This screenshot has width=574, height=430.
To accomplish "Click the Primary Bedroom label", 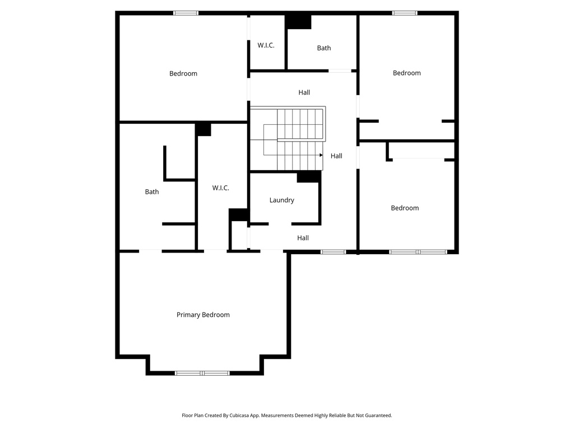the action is click(203, 315).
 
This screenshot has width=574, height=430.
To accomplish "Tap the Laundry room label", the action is click(282, 200).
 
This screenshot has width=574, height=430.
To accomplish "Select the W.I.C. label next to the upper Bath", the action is click(266, 45).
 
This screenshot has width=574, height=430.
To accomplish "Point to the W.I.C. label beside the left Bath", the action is click(221, 188).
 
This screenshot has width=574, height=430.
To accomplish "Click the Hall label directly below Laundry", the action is click(303, 238).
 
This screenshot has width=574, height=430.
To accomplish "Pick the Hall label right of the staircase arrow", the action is click(336, 156).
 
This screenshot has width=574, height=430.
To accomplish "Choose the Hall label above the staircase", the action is click(304, 92).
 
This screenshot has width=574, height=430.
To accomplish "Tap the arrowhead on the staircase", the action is click(321, 155).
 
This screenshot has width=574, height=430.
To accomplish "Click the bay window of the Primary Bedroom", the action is click(202, 373).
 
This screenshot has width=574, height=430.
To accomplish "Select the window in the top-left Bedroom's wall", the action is click(186, 13).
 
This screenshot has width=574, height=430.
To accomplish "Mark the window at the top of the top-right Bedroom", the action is click(405, 13).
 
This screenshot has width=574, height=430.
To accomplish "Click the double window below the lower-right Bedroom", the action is click(418, 252).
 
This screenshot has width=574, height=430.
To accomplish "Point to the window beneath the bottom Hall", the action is click(333, 252).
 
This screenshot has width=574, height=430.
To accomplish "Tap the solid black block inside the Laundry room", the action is click(309, 176).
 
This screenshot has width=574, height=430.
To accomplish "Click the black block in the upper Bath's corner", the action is click(298, 22).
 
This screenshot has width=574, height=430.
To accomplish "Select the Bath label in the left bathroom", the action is click(152, 192).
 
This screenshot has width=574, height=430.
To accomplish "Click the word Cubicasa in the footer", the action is click(240, 415).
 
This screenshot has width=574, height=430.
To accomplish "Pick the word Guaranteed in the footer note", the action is click(379, 415).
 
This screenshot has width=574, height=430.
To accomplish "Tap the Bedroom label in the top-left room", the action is click(183, 74).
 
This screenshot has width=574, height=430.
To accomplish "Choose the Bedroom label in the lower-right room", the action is click(405, 208).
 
